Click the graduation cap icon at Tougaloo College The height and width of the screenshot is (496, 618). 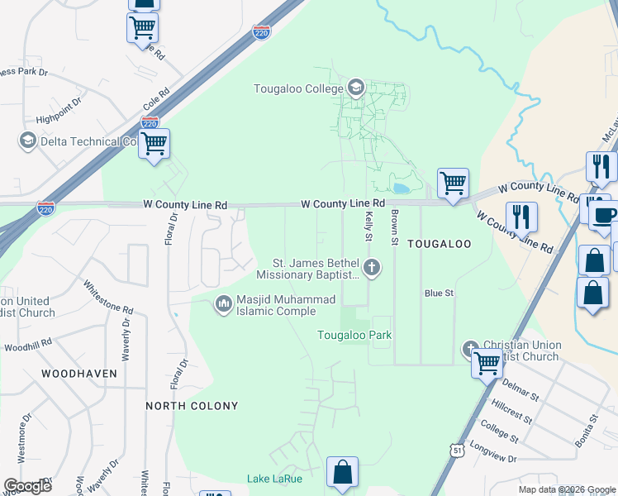point(356,88)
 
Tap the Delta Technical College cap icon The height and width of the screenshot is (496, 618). point(28,141)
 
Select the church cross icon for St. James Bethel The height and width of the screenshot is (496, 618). point(372,266)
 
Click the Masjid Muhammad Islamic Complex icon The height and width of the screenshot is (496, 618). point(223,304)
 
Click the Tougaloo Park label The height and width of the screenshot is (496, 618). point(354,335)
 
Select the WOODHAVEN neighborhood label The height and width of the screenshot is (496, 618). point(79,374)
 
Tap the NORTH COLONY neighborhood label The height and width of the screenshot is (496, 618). point(192,406)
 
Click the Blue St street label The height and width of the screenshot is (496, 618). point(439,293)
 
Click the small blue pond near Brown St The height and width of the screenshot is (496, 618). point(401,188)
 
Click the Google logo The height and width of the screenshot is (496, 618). point(27,485)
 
